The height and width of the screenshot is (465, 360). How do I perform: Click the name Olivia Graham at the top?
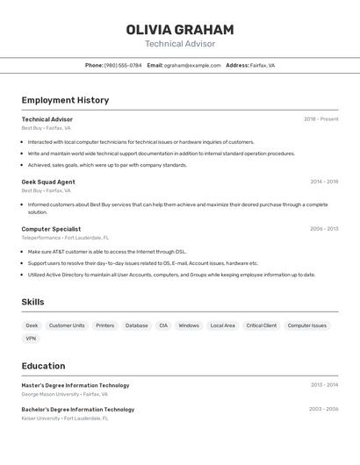coord(179,30)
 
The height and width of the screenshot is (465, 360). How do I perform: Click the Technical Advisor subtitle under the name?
coord(179,44)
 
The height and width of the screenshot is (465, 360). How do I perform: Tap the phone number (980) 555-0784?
coord(122,65)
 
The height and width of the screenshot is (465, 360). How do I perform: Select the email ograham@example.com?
coord(192,65)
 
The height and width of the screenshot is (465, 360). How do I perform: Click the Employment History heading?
coord(65,100)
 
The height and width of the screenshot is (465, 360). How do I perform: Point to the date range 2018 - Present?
coord(320,119)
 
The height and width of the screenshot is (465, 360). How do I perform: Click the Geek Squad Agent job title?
coord(48,182)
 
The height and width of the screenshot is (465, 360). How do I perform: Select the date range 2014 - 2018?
coord(324,182)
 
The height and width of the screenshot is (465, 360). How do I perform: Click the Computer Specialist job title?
coord(51,229)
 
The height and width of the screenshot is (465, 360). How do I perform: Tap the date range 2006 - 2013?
coord(324,229)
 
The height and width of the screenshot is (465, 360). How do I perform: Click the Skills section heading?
coord(32,302)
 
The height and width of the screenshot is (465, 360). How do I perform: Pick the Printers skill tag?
coord(104,325)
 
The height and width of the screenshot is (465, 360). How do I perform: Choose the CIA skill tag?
coord(162,325)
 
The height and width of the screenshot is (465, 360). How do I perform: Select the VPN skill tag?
coord(31,338)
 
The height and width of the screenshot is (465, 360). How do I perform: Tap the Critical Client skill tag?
coord(261,325)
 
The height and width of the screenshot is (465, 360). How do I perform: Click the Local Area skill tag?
coord(222,325)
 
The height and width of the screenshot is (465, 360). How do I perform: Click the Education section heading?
coord(43,366)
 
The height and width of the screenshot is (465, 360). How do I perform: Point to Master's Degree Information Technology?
coord(75,385)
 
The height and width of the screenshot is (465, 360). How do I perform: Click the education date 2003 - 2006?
coord(323,409)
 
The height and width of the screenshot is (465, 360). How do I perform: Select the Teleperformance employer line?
coord(65,238)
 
